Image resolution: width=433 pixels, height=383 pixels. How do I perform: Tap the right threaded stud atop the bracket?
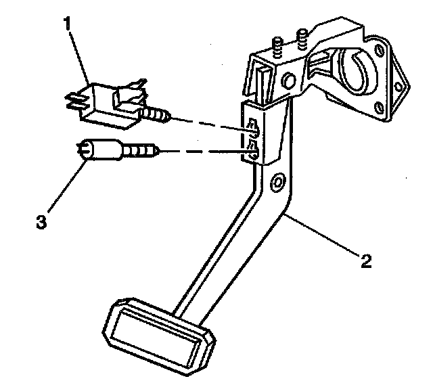pyautogui.click(x=302, y=38)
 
